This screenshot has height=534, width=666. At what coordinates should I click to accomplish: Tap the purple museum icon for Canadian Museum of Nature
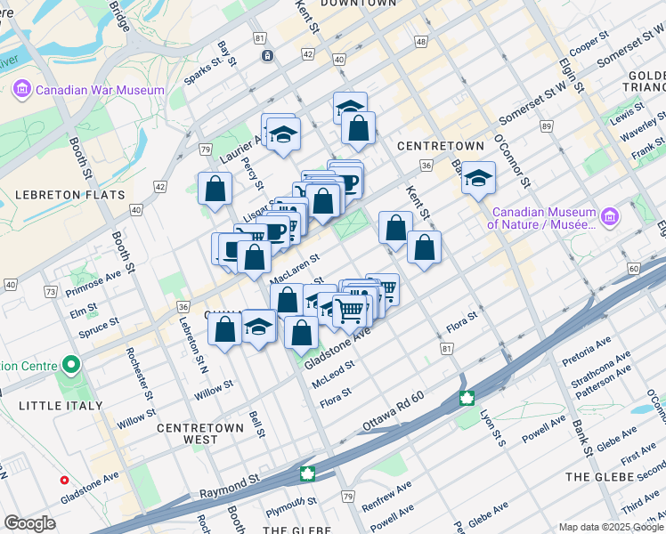click(610, 216)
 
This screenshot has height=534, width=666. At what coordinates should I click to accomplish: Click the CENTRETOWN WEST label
click(200, 433)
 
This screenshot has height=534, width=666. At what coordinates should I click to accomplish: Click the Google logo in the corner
click(29, 523)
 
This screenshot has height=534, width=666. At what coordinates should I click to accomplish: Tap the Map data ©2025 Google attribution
click(612, 527)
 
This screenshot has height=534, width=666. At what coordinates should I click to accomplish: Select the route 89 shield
click(546, 127)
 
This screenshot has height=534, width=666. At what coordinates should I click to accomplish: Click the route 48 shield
click(420, 43)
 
